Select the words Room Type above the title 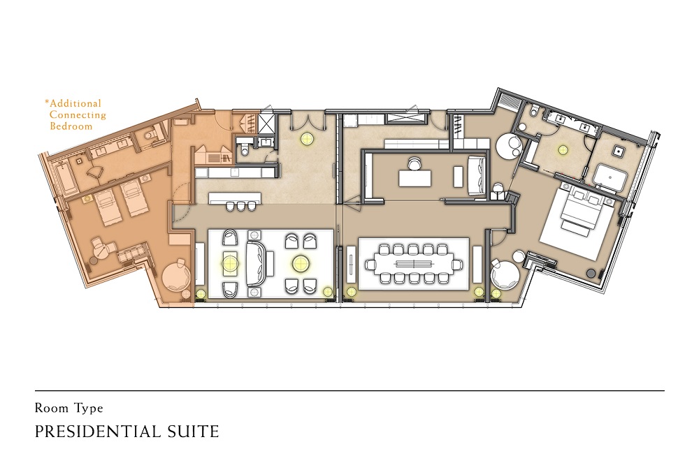click(69, 408)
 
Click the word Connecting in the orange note click(78, 115)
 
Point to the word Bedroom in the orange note click(71, 126)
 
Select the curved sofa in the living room click(257, 264)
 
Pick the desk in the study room click(415, 179)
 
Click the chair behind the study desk click(413, 164)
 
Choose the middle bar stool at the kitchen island click(241, 206)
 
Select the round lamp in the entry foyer click(306, 139)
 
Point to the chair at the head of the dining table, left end click(370, 265)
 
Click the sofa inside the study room click(477, 175)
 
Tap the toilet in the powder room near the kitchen click(244, 151)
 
